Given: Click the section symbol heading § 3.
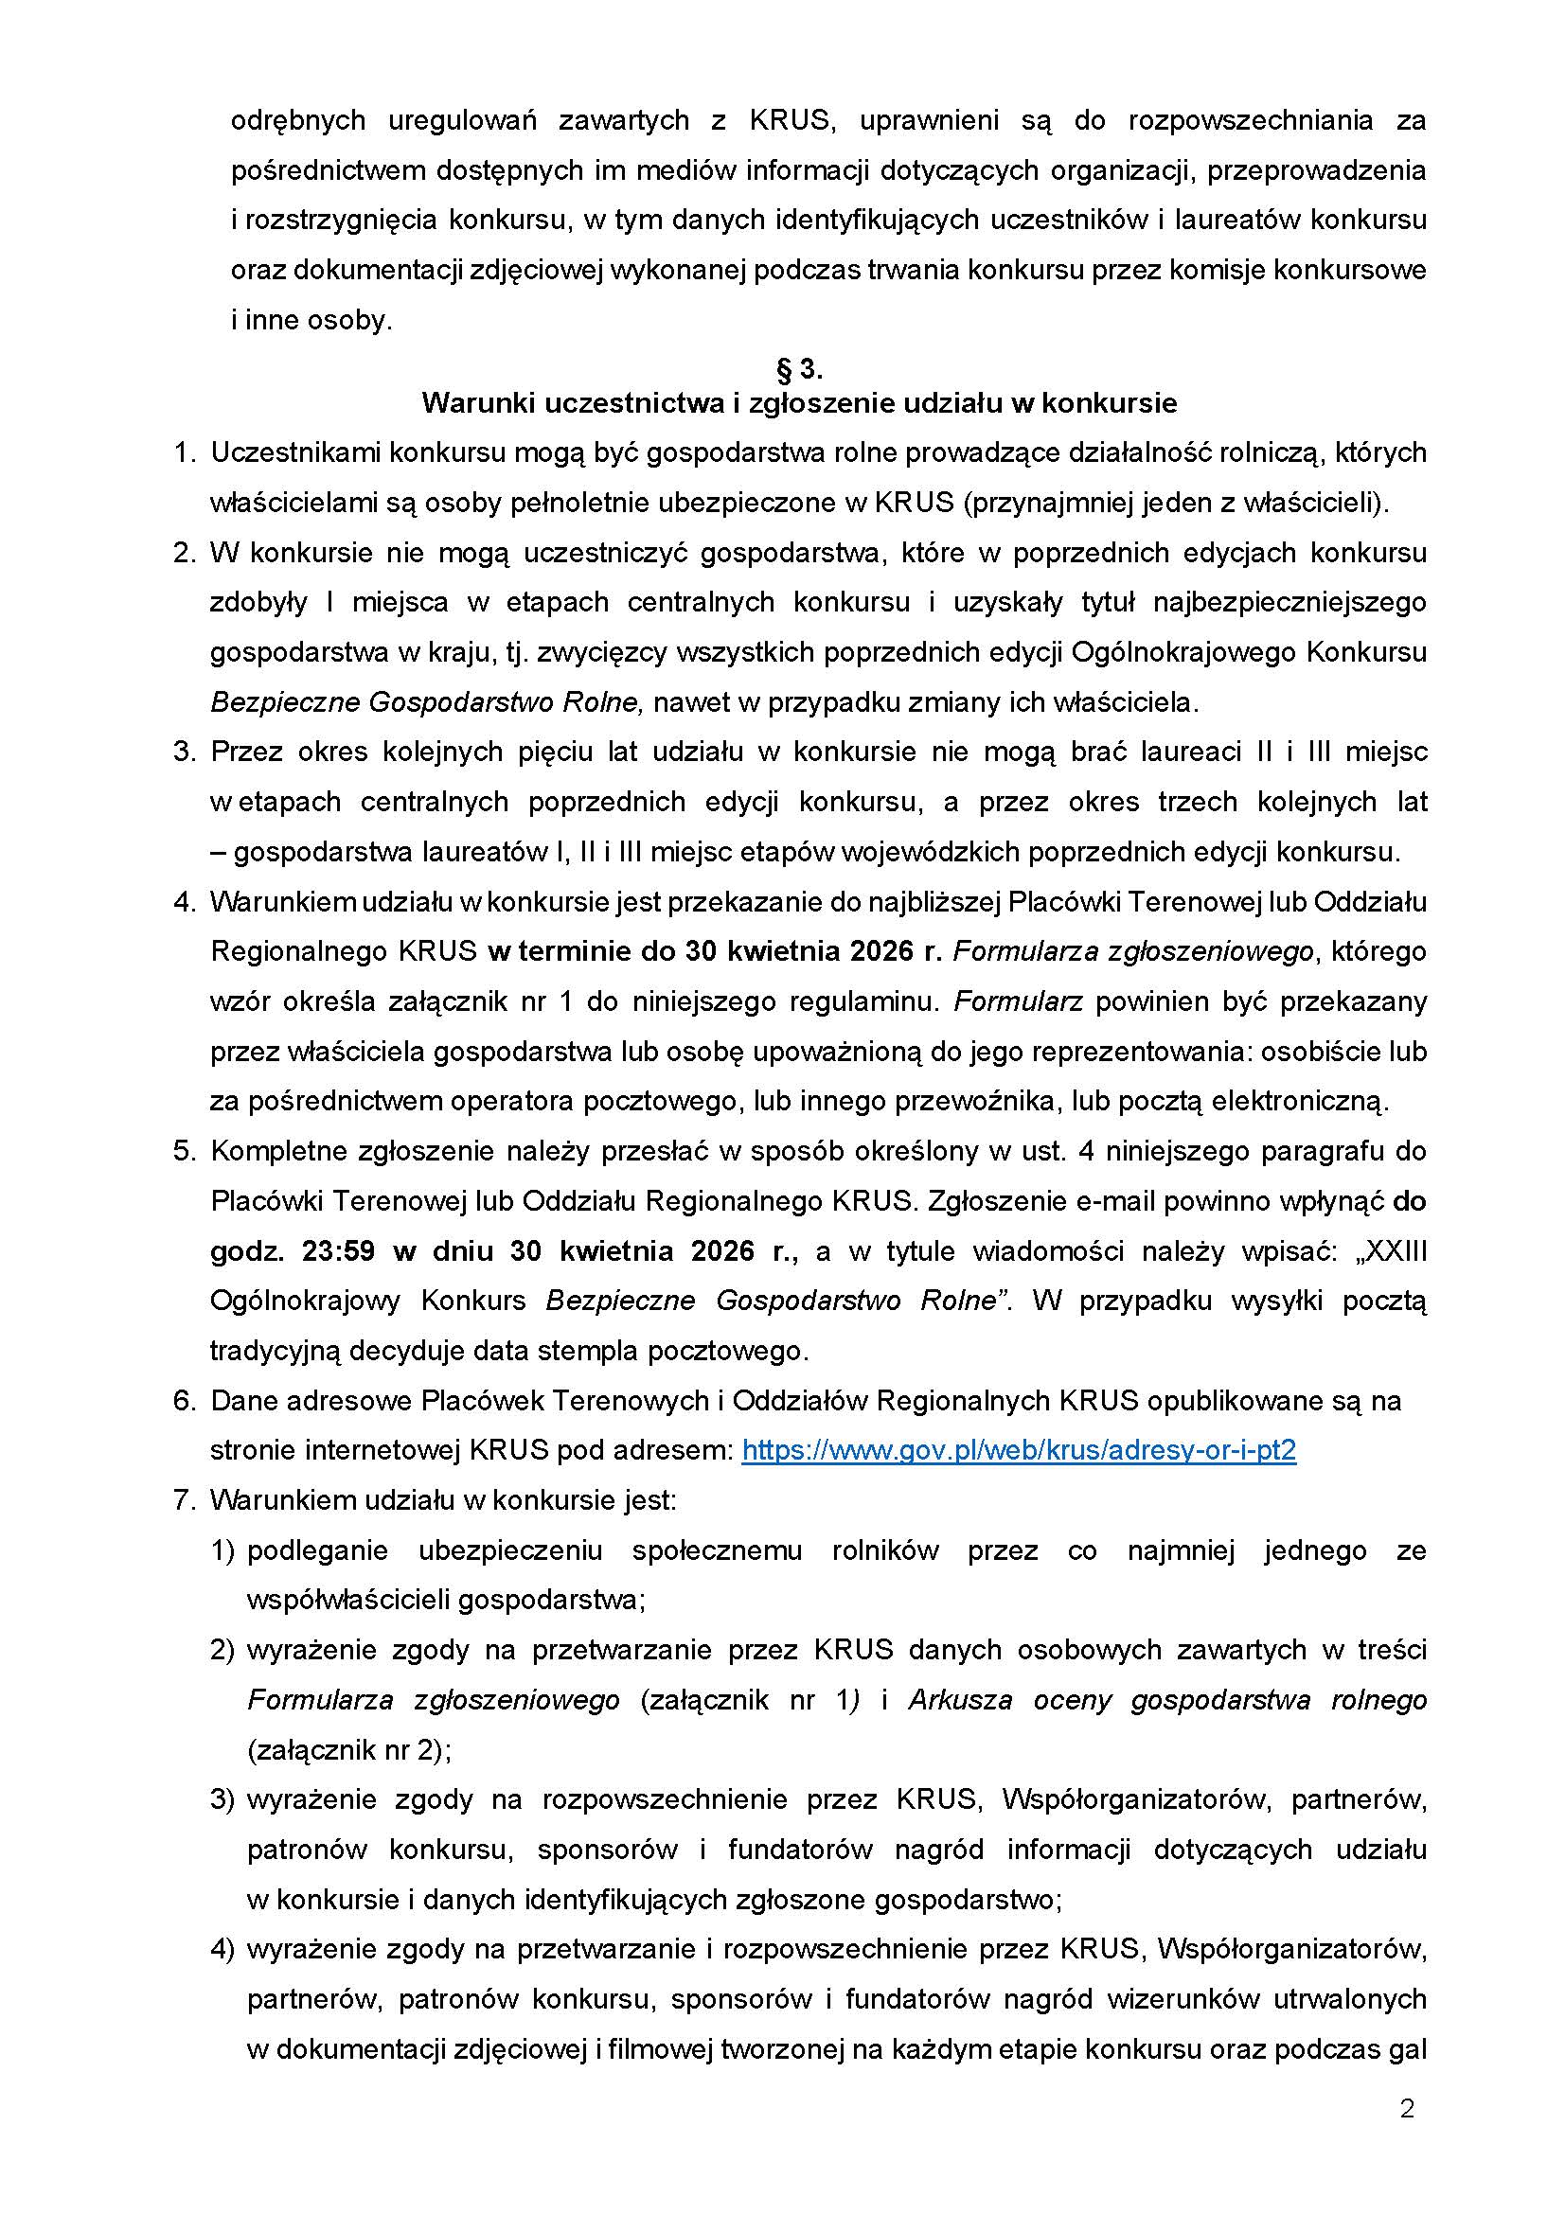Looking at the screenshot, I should coord(798,369).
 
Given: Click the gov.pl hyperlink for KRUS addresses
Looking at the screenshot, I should coord(1019,1450).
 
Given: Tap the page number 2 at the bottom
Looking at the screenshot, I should coord(1407,2109).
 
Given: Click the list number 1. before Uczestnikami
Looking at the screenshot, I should coord(185,452).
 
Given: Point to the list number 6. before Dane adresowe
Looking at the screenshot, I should coord(185,1401).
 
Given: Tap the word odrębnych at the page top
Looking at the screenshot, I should coord(298,120).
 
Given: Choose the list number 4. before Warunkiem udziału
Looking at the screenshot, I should coord(185,902).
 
